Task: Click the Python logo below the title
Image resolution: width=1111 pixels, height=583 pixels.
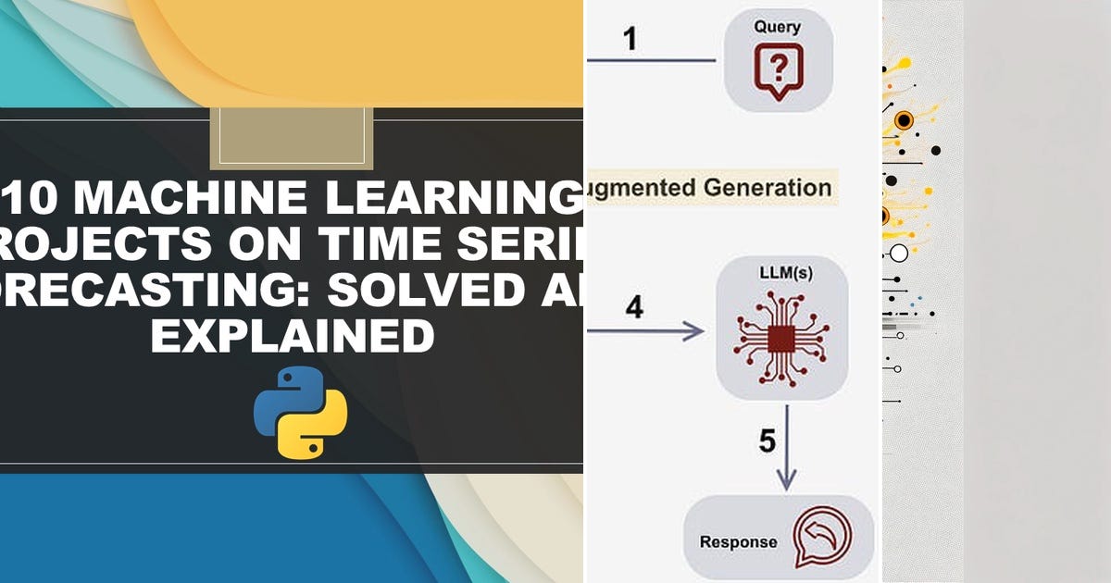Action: pyautogui.click(x=300, y=411)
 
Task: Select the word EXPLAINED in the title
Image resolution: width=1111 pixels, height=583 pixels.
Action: pyautogui.click(x=292, y=335)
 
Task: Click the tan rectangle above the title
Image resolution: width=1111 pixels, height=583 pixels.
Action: pyautogui.click(x=292, y=138)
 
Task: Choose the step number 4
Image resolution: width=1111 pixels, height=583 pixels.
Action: pyautogui.click(x=633, y=307)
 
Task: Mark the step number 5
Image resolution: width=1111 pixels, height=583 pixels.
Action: pyautogui.click(x=767, y=441)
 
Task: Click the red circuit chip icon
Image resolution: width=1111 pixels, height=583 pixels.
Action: pyautogui.click(x=781, y=342)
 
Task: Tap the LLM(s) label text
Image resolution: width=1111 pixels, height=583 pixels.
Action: pyautogui.click(x=782, y=274)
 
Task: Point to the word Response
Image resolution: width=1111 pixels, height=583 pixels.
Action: pyautogui.click(x=738, y=541)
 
